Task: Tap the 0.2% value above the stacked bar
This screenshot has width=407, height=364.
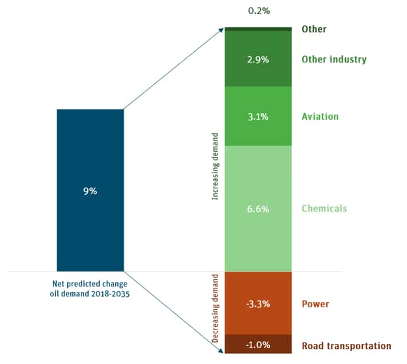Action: (259, 10)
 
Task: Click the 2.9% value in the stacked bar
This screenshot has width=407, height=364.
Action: (259, 59)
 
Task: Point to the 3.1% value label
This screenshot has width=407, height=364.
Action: (259, 117)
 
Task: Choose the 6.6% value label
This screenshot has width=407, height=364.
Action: (259, 208)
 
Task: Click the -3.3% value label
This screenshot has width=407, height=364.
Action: (259, 304)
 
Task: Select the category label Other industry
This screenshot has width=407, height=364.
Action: (334, 59)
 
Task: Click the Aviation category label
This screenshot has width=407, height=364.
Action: (320, 117)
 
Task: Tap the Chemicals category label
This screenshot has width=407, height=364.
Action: (324, 208)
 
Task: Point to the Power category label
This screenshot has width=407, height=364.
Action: (315, 304)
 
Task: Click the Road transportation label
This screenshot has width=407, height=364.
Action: (346, 346)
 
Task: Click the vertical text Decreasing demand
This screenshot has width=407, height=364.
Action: (216, 309)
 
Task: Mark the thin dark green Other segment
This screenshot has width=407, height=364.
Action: (259, 29)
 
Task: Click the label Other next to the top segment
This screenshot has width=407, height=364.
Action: (314, 29)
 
